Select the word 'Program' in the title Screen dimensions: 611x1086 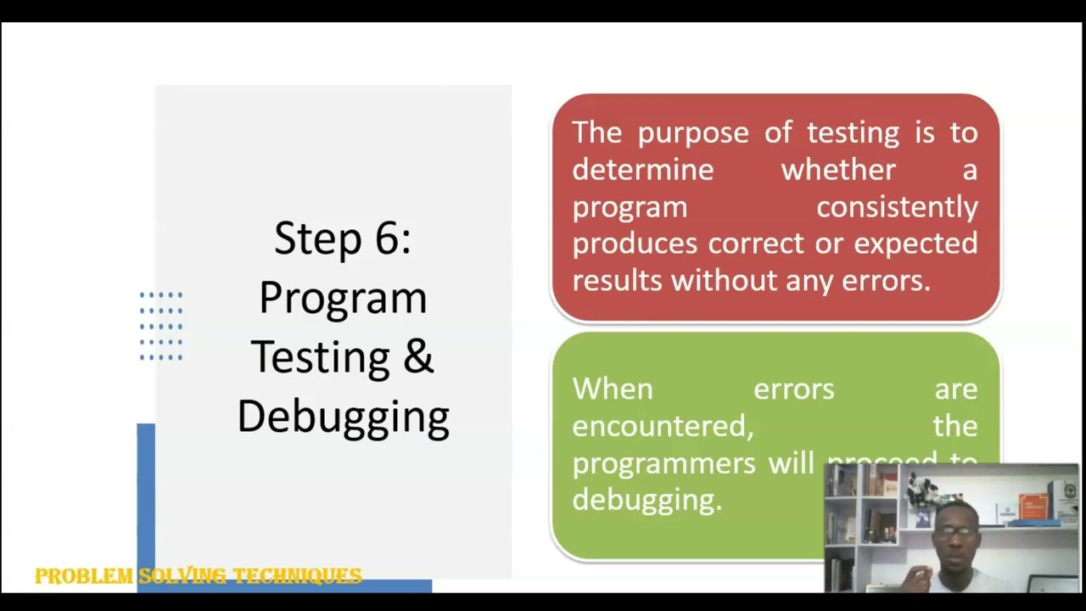pos(343,299)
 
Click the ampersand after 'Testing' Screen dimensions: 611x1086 pos(417,356)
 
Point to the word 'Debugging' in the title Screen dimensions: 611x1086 pos(343,418)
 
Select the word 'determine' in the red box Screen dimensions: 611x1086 pos(642,170)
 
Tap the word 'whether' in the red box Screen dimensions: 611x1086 pos(838,170)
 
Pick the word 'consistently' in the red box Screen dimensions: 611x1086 pos(896,206)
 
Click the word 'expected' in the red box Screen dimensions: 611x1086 pos(915,244)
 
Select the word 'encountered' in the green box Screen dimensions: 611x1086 pos(662,426)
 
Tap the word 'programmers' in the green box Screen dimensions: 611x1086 pos(663,462)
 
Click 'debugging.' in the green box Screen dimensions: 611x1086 pos(647,500)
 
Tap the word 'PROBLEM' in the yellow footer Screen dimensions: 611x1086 pos(84,577)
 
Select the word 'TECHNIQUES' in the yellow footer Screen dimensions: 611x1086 pos(297,577)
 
